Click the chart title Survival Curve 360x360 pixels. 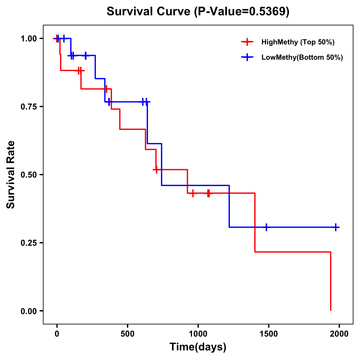pyautogui.click(x=198, y=12)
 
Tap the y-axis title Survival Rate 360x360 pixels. pyautogui.click(x=11, y=175)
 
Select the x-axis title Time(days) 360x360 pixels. pyautogui.click(x=198, y=347)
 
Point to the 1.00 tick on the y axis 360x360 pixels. pyautogui.click(x=28, y=39)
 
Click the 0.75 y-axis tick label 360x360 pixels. pyautogui.click(x=28, y=107)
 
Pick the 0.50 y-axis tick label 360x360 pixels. pyautogui.click(x=28, y=175)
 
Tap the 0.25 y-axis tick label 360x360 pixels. pyautogui.click(x=28, y=243)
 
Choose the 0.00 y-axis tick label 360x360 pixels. pyautogui.click(x=28, y=311)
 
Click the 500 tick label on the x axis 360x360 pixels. pyautogui.click(x=127, y=334)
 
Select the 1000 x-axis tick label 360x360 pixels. pyautogui.click(x=198, y=334)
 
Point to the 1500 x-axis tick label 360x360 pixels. pyautogui.click(x=268, y=334)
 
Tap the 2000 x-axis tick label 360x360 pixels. pyautogui.click(x=339, y=334)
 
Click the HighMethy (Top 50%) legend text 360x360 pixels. pyautogui.click(x=298, y=42)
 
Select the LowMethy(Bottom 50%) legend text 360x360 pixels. pyautogui.click(x=302, y=57)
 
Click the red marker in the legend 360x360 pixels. pyautogui.click(x=247, y=42)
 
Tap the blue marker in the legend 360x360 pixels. pyautogui.click(x=247, y=57)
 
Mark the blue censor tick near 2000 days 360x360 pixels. pyautogui.click(x=336, y=227)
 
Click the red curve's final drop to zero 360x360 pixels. pyautogui.click(x=331, y=282)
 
